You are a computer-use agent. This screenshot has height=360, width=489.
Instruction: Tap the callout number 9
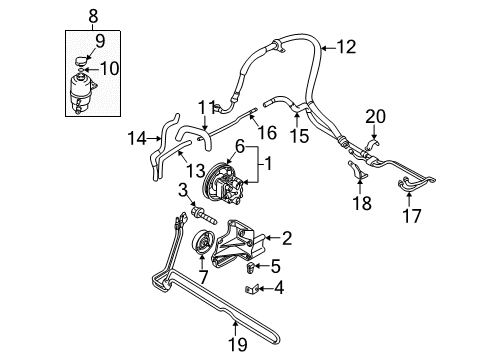tap(98, 42)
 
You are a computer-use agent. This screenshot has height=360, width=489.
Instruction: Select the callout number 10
tap(112, 68)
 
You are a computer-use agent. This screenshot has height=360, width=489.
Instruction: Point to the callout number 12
tap(346, 45)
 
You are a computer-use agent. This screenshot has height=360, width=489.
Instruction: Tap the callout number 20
tap(375, 118)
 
